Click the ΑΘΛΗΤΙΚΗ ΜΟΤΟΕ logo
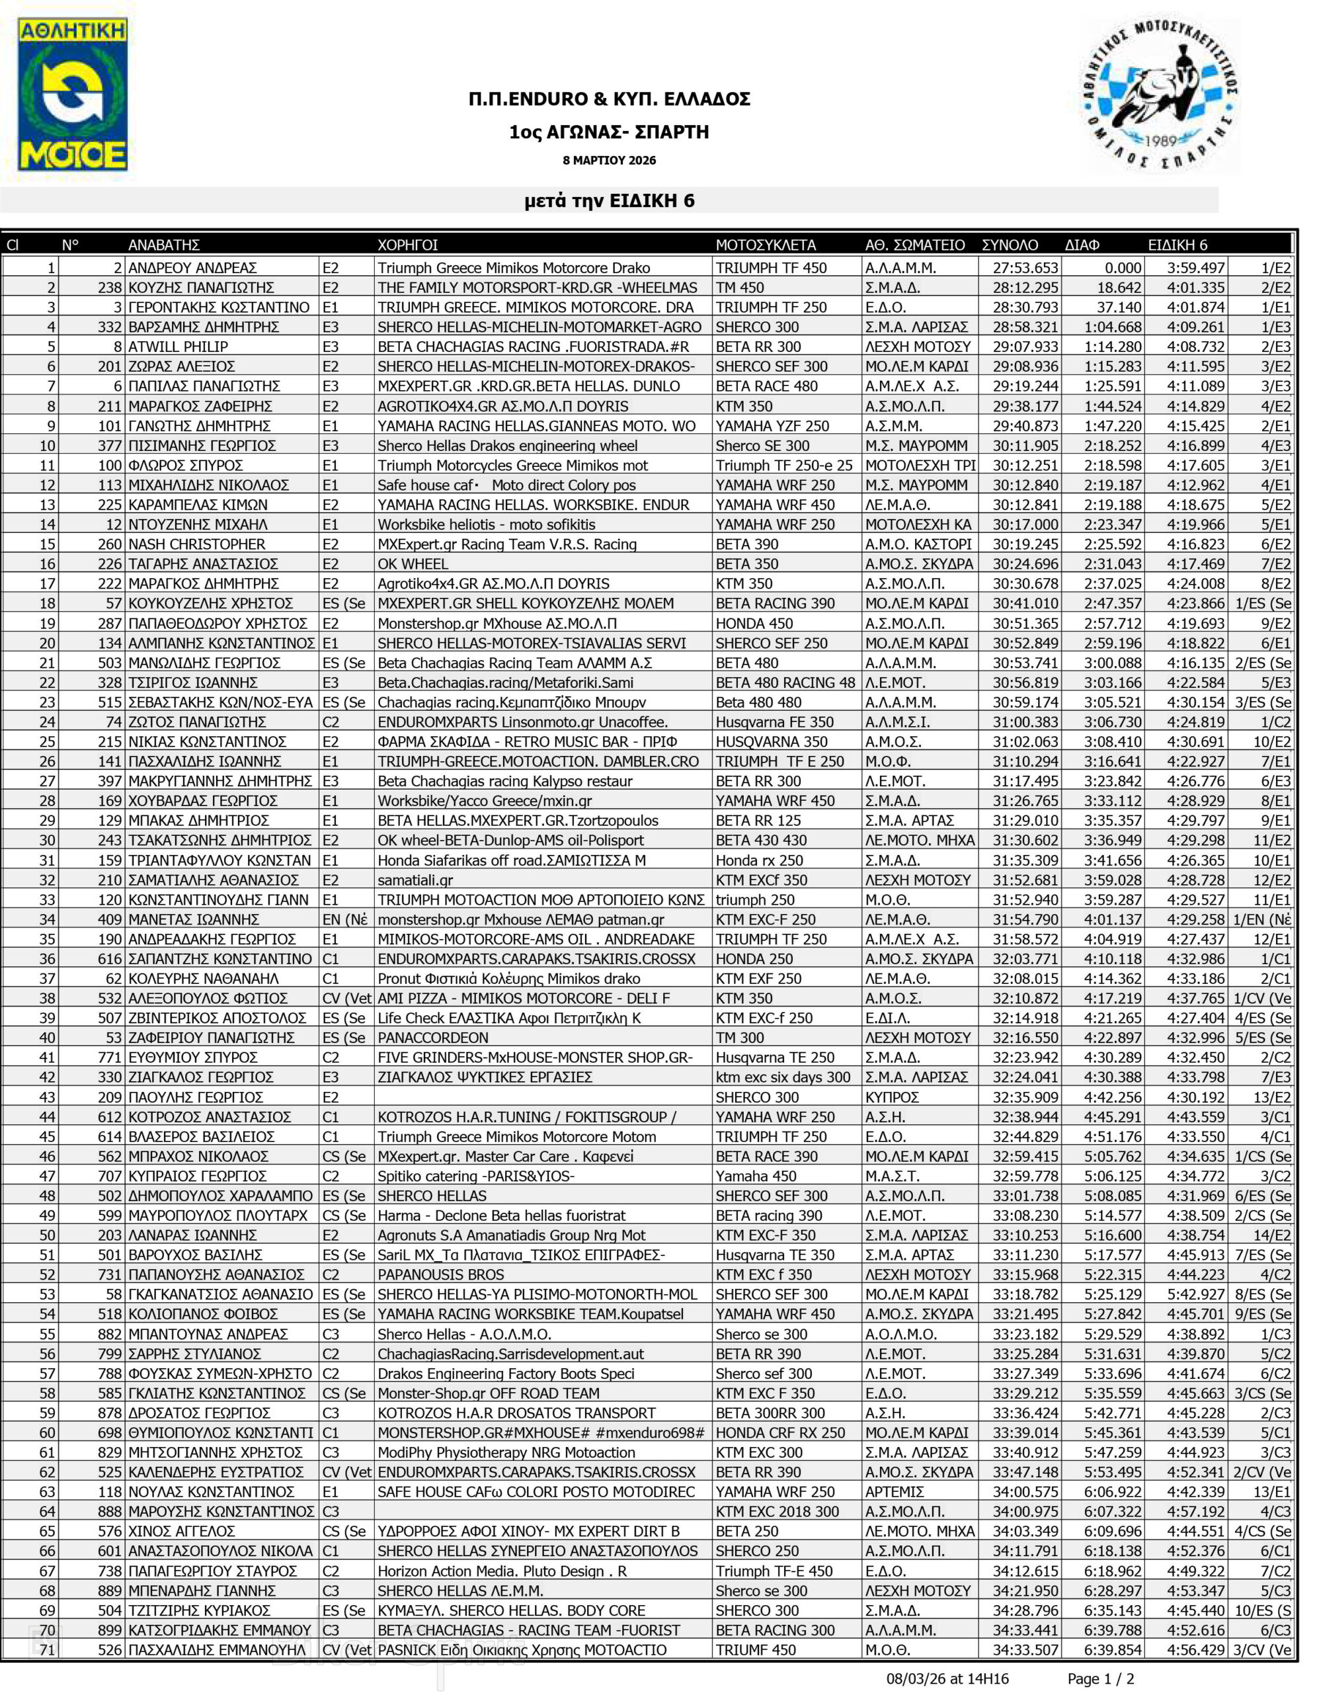(x=73, y=95)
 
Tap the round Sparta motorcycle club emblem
(x=1160, y=93)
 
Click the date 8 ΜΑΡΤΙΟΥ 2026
(x=610, y=161)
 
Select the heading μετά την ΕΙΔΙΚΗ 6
(x=610, y=201)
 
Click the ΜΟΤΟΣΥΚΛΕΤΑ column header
(x=765, y=245)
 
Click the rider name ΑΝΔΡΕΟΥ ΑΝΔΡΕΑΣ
(x=192, y=268)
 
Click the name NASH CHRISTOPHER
(x=196, y=544)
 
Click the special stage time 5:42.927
(x=1195, y=1294)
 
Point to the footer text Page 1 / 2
(x=1101, y=1678)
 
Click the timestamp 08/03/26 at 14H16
(x=947, y=1678)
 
